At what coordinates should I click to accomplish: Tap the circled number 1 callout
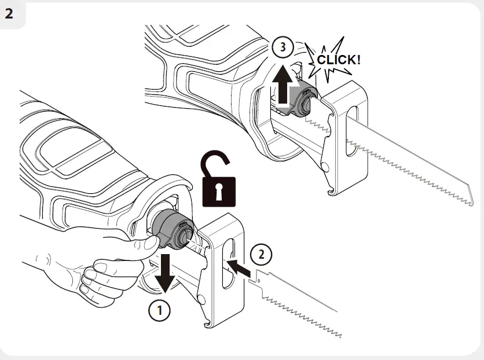pos(160,310)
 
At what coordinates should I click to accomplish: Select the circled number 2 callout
pos(261,254)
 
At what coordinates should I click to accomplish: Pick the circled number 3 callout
pos(282,48)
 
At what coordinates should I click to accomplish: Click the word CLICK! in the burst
pos(338,60)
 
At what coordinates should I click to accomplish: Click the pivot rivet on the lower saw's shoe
pos(201,298)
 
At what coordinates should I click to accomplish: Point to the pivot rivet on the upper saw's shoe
pos(327,166)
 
